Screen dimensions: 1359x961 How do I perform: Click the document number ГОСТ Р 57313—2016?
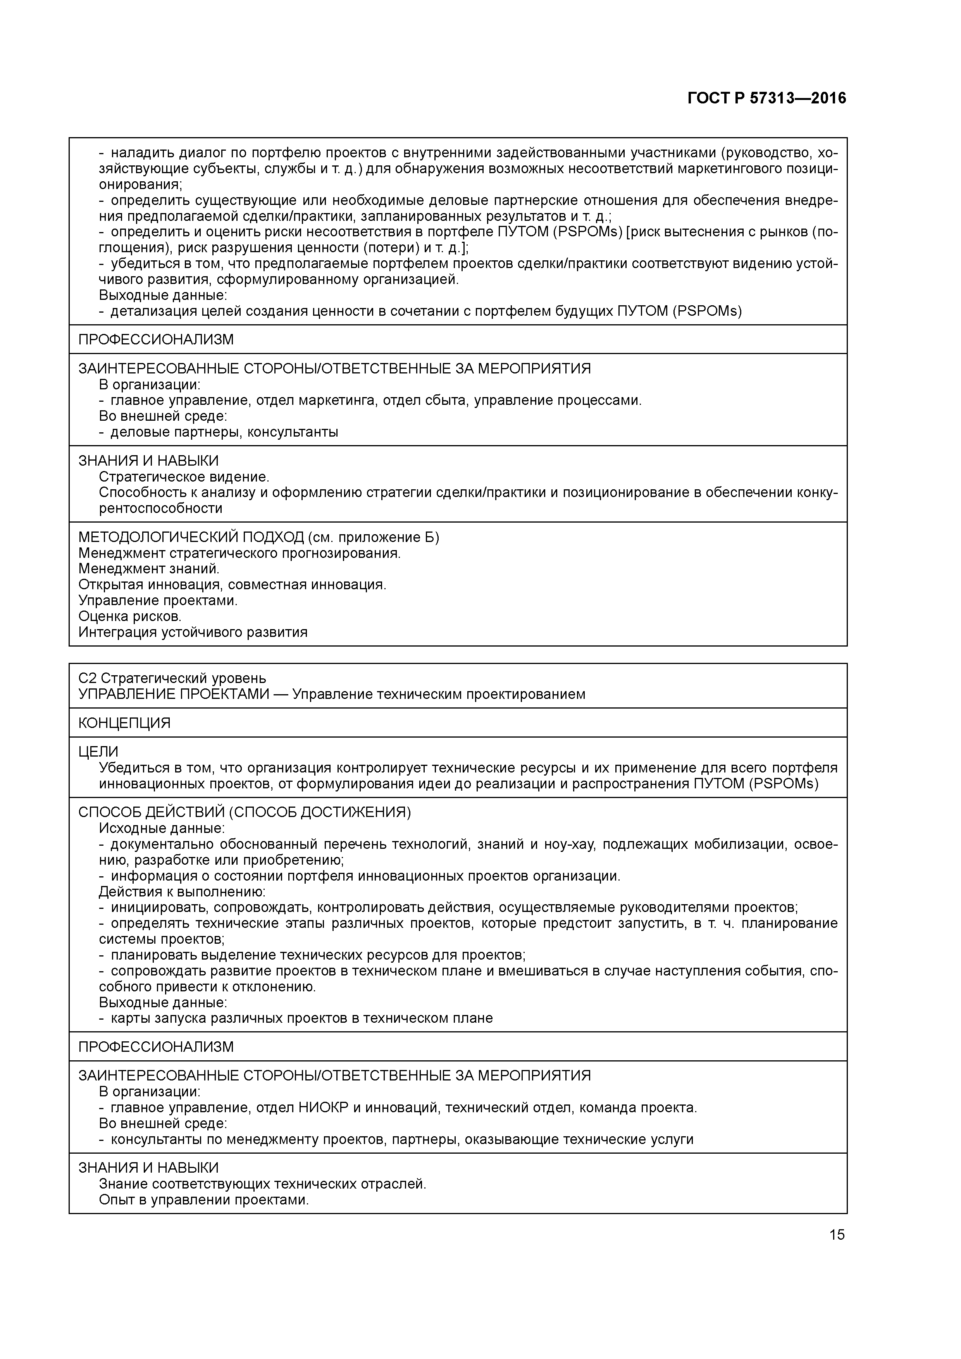point(767,98)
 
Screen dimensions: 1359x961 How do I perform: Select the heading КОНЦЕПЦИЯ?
point(124,723)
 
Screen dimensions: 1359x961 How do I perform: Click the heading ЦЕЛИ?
point(98,752)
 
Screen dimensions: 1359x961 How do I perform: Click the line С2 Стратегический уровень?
point(172,678)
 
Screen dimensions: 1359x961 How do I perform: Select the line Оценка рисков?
point(130,617)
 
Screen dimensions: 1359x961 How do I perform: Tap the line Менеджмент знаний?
point(149,569)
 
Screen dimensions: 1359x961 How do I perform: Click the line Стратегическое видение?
point(184,477)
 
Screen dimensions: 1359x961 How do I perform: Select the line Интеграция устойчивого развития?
point(193,632)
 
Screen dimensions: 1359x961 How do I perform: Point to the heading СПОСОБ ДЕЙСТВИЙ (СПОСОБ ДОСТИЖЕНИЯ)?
point(245,812)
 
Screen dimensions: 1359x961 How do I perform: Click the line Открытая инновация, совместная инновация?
point(232,585)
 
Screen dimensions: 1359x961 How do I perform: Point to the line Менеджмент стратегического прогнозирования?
point(239,554)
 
